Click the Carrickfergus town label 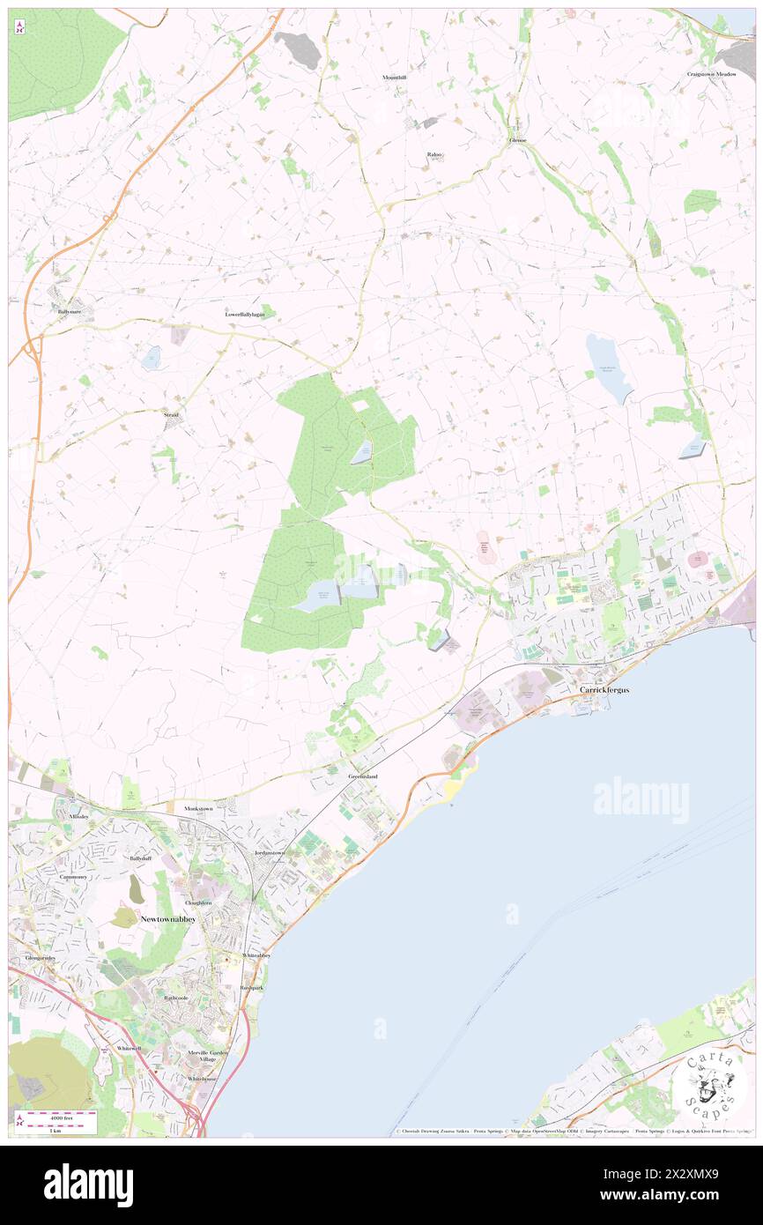(604, 689)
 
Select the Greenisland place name (362, 776)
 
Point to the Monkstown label (198, 808)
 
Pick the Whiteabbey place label (256, 955)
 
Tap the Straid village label (171, 414)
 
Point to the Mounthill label (394, 78)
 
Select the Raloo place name (434, 154)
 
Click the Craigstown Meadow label (711, 74)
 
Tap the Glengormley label (41, 958)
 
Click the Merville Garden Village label (208, 1056)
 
